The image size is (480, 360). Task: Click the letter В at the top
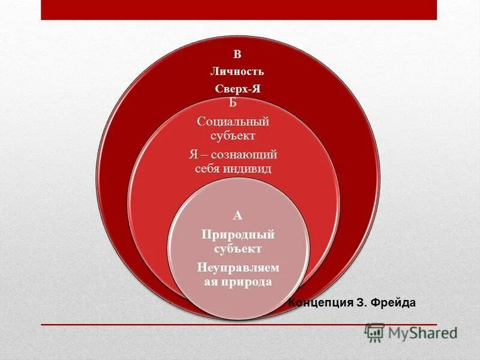(237, 55)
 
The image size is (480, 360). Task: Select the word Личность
(237, 71)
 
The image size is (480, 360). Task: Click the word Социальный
(233, 122)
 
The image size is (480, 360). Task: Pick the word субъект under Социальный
(233, 135)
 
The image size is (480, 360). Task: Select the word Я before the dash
(193, 155)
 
